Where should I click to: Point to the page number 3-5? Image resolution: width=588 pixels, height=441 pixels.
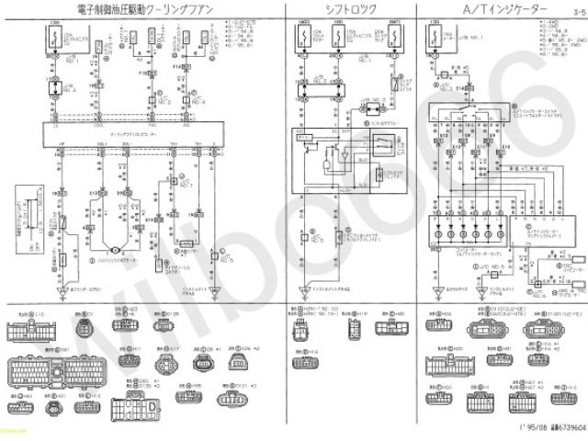click(x=576, y=12)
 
